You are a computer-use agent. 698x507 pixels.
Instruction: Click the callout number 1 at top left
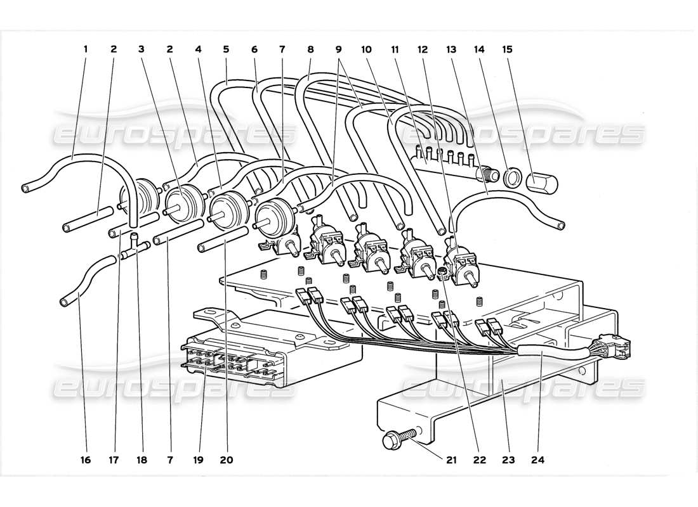86,49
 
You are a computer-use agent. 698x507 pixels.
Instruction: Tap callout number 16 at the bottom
86,461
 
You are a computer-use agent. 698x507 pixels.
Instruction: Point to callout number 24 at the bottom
541,461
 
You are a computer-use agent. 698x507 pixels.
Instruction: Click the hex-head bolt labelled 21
396,439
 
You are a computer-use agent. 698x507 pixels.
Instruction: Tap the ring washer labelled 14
511,179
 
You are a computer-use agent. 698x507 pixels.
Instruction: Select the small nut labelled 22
440,273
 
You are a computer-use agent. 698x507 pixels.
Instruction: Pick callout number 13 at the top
452,49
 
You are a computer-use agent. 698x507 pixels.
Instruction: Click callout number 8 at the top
310,49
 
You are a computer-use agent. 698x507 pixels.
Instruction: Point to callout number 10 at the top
366,49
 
